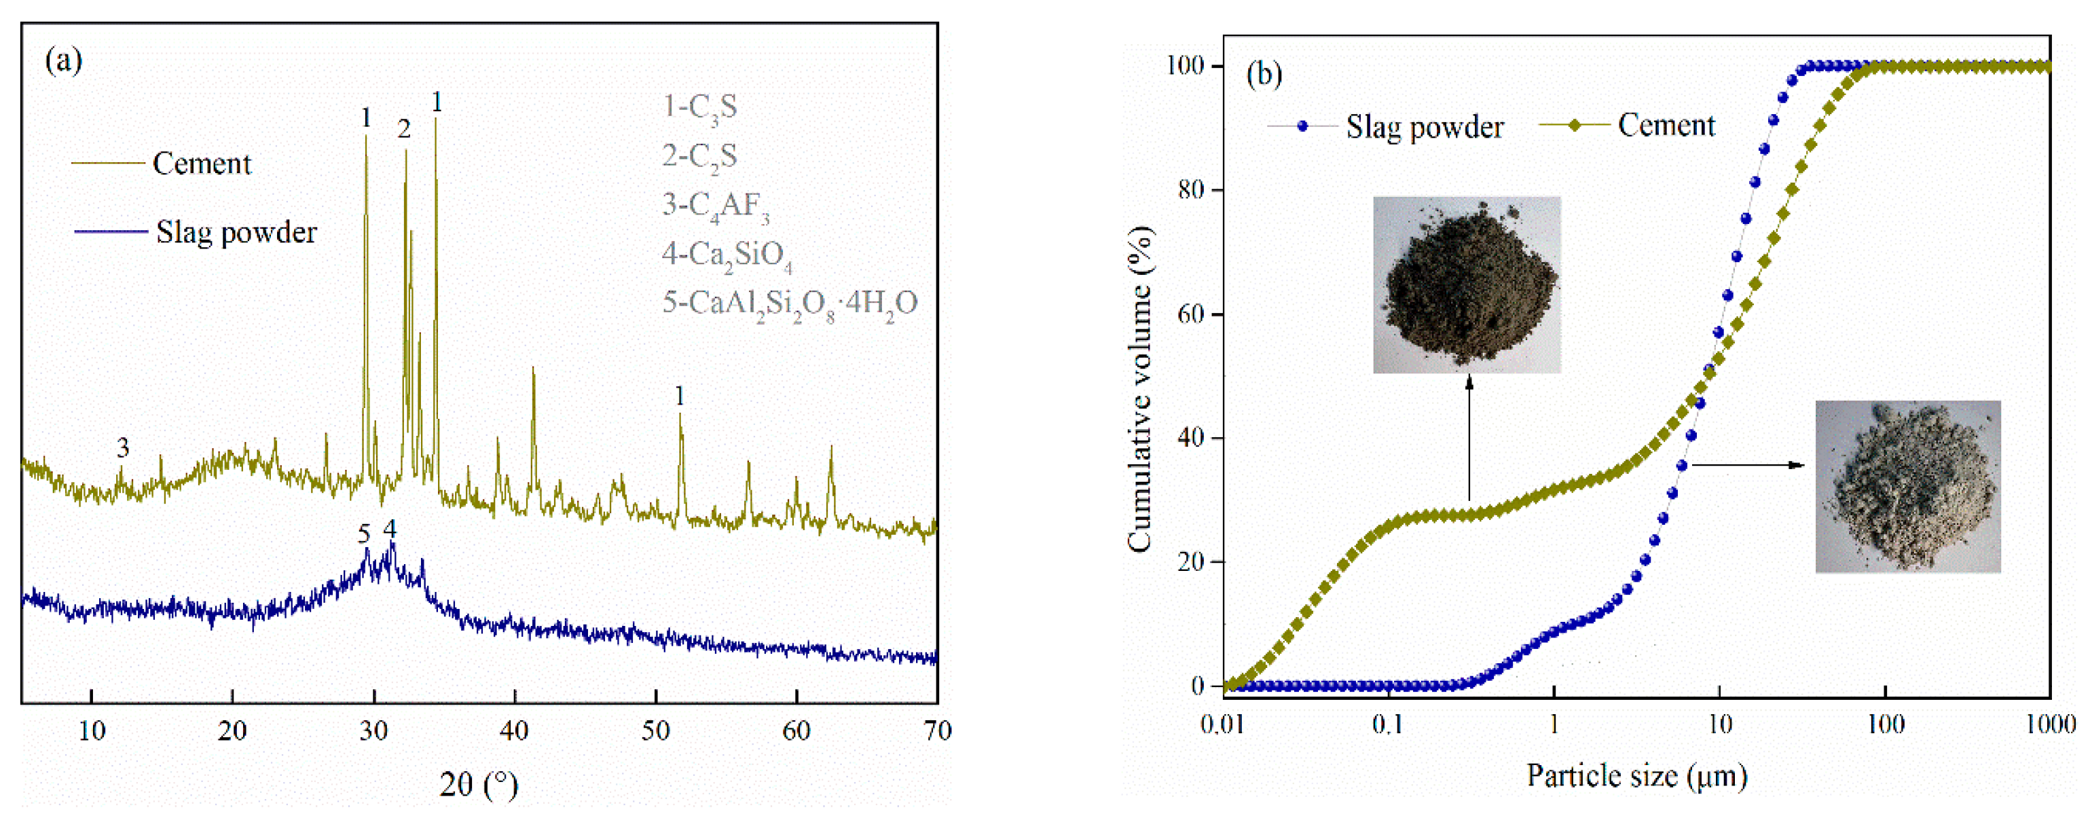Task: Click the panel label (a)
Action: coord(63,61)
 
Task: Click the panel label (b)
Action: coord(1263,75)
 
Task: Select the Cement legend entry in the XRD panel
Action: coord(201,164)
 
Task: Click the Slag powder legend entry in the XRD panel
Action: coord(236,233)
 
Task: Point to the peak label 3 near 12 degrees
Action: coord(122,447)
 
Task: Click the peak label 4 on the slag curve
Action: coord(390,529)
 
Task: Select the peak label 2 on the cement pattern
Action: coord(403,128)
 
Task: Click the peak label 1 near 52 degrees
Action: coord(679,396)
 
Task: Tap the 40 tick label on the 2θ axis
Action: coord(513,732)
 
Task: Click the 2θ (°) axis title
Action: coord(478,784)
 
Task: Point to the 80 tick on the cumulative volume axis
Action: coord(1190,190)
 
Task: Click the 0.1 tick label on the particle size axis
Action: coord(1387,724)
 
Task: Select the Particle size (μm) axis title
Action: coord(1636,776)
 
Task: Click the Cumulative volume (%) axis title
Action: coord(1140,390)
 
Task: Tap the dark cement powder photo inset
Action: coord(1466,284)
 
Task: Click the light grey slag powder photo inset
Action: coord(1907,487)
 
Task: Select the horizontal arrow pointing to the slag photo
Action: coord(1748,465)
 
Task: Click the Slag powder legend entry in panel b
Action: coord(1424,128)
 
